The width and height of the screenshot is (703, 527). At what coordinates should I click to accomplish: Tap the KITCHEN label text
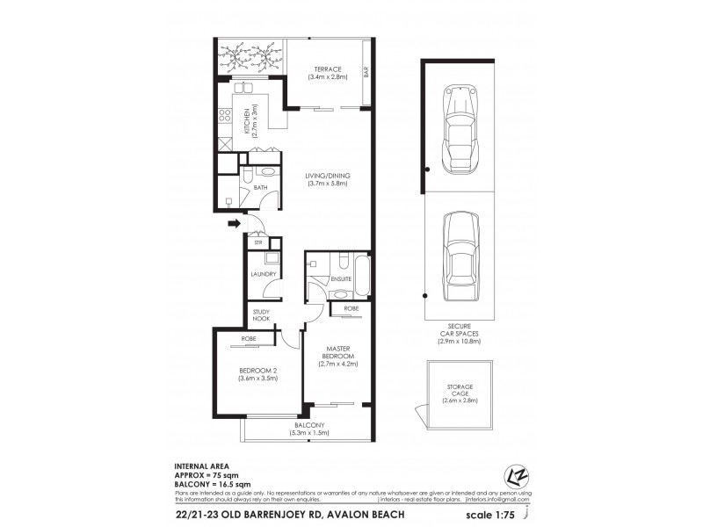[248, 120]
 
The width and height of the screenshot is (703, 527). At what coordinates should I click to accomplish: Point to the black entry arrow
[234, 224]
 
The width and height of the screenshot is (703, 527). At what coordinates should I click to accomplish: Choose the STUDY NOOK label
[261, 315]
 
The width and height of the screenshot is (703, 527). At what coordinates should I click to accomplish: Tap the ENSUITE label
[341, 278]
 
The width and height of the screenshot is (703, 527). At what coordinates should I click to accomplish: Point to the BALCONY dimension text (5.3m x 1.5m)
[306, 432]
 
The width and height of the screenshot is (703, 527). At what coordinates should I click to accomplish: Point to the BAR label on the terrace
[365, 76]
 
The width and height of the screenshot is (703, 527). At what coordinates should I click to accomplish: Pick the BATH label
[260, 188]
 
